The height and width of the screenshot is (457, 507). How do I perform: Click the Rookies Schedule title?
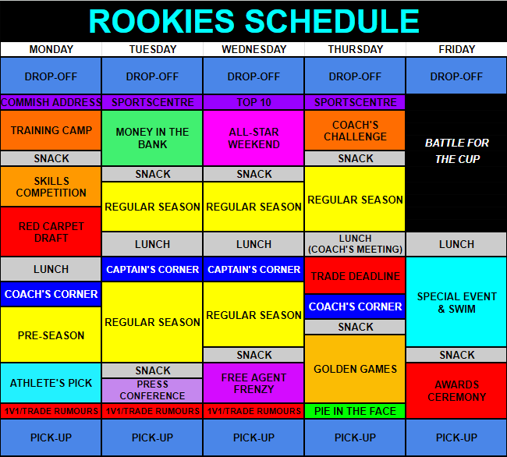pos(253,21)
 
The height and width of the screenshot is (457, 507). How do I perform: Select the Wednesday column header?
pos(253,49)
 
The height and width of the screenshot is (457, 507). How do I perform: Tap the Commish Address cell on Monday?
pos(51,102)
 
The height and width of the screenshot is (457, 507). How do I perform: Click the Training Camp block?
pos(51,130)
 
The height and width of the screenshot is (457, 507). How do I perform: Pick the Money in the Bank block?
pos(152,138)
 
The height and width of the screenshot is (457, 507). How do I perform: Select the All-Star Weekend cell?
pos(253,138)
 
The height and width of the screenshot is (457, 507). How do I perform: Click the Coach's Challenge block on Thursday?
pos(355,130)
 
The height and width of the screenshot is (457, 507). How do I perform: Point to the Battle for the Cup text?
pos(457,151)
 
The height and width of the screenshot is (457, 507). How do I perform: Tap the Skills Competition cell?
pos(51,186)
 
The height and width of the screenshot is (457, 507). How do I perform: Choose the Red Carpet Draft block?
pos(51,232)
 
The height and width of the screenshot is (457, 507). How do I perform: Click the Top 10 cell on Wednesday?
pos(253,102)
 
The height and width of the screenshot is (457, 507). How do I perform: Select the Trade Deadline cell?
pos(355,276)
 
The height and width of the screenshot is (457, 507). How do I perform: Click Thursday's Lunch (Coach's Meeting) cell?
pos(355,243)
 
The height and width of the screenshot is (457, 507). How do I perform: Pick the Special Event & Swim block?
pos(456,302)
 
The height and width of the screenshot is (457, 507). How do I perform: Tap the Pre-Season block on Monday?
pos(51,335)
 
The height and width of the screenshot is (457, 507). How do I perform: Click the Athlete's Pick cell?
pos(51,383)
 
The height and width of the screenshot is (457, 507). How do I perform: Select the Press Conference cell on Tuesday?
pos(152,390)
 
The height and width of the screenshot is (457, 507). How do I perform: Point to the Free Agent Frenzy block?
pos(253,383)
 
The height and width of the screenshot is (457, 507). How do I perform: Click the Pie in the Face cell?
pos(355,411)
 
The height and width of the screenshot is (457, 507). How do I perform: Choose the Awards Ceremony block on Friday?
pos(456,391)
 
